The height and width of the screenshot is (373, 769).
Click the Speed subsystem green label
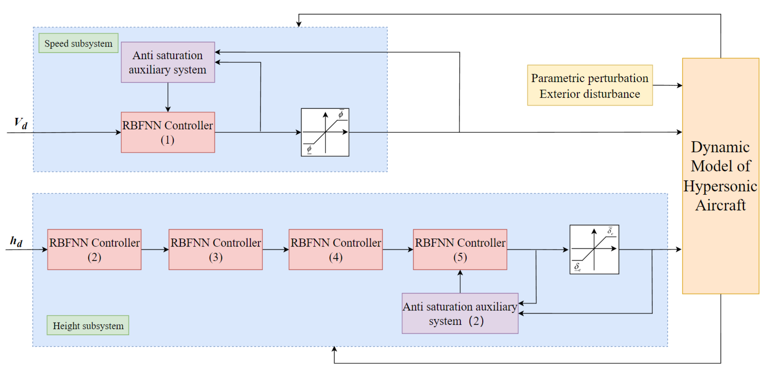[78, 43]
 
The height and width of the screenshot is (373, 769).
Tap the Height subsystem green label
[88, 325]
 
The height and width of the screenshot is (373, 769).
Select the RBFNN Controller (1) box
[167, 132]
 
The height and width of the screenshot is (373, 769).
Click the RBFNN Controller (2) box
[94, 249]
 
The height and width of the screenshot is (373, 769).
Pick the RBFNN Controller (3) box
[216, 249]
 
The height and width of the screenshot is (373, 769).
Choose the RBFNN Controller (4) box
[336, 249]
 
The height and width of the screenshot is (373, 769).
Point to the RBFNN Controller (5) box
[460, 249]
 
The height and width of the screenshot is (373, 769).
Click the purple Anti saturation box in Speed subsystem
[167, 62]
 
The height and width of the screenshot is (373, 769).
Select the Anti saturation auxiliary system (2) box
[460, 313]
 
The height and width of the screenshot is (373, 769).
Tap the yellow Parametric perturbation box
[589, 85]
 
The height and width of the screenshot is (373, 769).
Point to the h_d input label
[16, 241]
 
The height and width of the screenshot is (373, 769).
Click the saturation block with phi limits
[325, 132]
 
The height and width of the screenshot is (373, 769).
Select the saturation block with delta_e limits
[594, 249]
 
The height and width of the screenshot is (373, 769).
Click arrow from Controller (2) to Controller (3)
[155, 249]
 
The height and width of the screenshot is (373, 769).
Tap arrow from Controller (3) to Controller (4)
[276, 249]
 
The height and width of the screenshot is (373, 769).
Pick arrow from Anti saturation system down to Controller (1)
[168, 97]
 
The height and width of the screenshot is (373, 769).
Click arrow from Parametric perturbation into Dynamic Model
[667, 85]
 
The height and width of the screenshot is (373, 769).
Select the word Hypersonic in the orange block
[720, 186]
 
